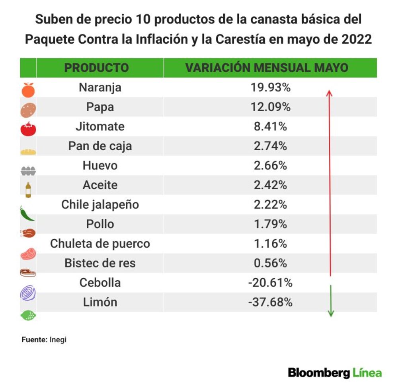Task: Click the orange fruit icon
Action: [28, 90]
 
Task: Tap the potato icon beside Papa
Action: [28, 110]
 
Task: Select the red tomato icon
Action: [28, 129]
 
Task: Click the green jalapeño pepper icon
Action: [27, 213]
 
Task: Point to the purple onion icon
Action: [28, 293]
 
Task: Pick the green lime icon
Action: [28, 316]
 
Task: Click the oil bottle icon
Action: [28, 190]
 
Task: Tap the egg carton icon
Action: [28, 171]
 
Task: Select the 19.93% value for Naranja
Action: [271, 87]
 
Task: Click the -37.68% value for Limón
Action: [270, 302]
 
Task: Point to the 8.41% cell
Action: [271, 126]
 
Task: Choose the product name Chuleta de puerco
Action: [100, 244]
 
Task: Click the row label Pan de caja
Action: [100, 146]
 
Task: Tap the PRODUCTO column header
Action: [96, 68]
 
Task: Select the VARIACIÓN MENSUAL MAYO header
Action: [267, 68]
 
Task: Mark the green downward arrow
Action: [331, 301]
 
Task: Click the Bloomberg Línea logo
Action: [335, 373]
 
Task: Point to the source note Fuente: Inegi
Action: [44, 339]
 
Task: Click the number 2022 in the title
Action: [357, 39]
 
